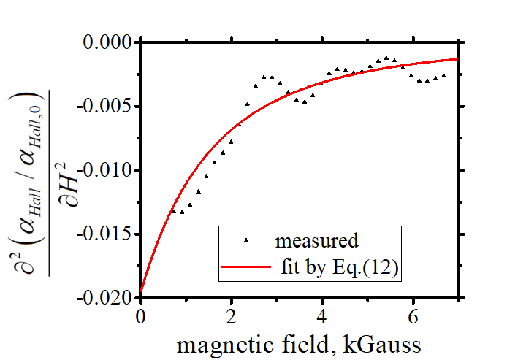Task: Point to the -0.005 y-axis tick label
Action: tap(106, 107)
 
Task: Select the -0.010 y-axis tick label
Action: tap(106, 170)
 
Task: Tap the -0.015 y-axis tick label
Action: tap(106, 234)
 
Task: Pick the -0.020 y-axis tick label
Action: tap(106, 298)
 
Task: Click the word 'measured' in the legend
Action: tap(316, 240)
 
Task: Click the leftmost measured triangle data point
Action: tap(173, 211)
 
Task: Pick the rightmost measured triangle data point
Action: tap(443, 74)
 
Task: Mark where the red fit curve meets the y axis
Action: tap(140, 291)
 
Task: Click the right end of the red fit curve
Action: tap(458, 59)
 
